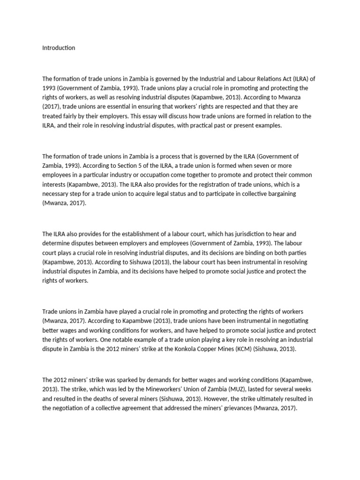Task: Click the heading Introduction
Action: point(59,48)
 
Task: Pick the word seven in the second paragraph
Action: point(252,165)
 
